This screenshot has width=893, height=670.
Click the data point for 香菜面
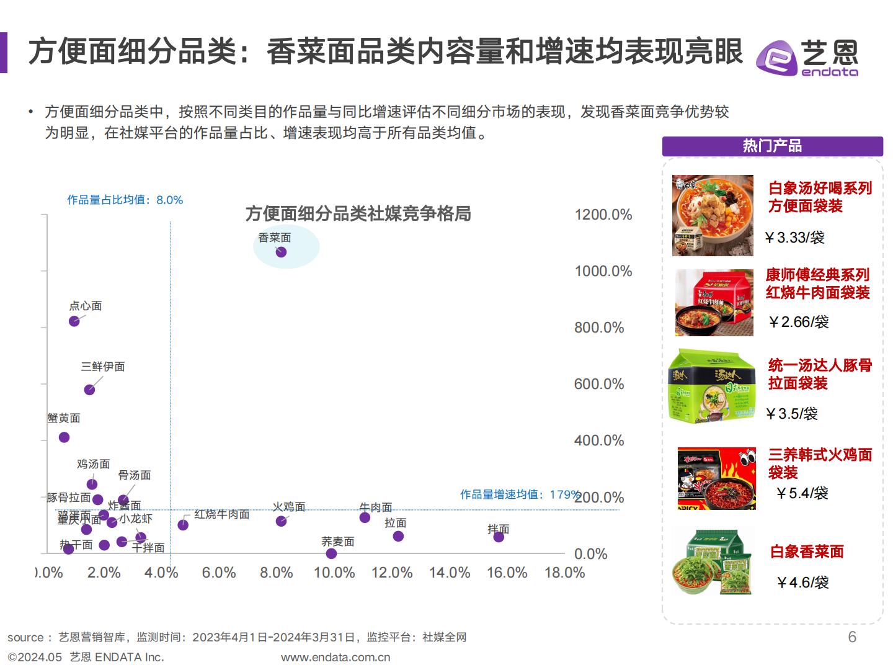pos(281,252)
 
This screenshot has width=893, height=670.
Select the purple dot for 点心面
pos(74,321)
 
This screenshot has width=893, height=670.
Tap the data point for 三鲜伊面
pos(89,390)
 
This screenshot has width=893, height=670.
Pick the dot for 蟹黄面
pos(64,437)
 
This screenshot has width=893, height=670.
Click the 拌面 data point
pos(499,537)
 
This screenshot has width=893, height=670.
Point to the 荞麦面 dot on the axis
pos(331,553)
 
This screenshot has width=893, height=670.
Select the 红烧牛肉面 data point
pos(183,525)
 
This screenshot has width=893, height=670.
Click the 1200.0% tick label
pos(603,215)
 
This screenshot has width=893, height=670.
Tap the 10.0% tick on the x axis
pos(334,573)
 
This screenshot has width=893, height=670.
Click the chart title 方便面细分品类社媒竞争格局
pos(358,213)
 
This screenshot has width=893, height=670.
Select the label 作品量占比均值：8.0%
pos(125,200)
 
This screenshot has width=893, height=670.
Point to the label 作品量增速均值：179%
pos(520,494)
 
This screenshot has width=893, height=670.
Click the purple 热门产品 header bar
pos(772,146)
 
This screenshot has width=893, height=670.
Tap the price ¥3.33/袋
pos(794,238)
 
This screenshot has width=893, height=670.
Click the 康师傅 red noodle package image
pos(714,303)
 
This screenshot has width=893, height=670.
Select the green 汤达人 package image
pos(712,387)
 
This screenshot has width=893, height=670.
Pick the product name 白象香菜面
pos(806,552)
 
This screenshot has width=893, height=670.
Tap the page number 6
pos(852,637)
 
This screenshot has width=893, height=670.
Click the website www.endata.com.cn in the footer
pos(335,657)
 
